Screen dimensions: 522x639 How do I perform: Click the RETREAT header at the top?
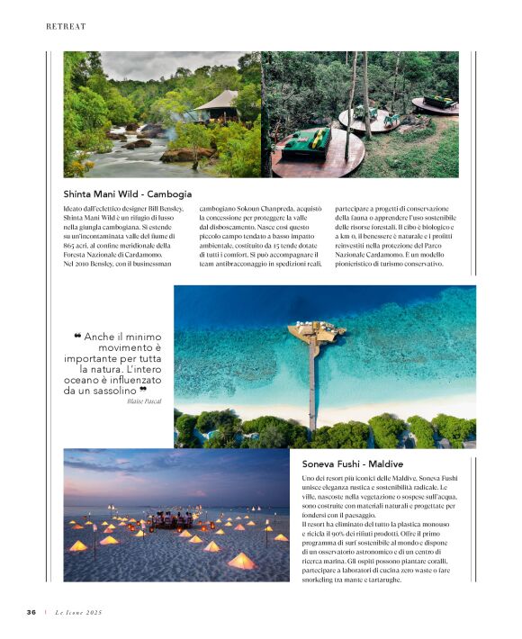click(66, 27)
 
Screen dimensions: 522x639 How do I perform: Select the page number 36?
click(31, 612)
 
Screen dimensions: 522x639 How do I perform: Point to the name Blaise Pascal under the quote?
click(144, 400)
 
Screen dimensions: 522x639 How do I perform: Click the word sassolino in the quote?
click(114, 391)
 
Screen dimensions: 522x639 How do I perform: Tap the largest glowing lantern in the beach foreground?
click(240, 562)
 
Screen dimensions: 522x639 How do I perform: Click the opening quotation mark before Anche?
click(77, 337)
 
